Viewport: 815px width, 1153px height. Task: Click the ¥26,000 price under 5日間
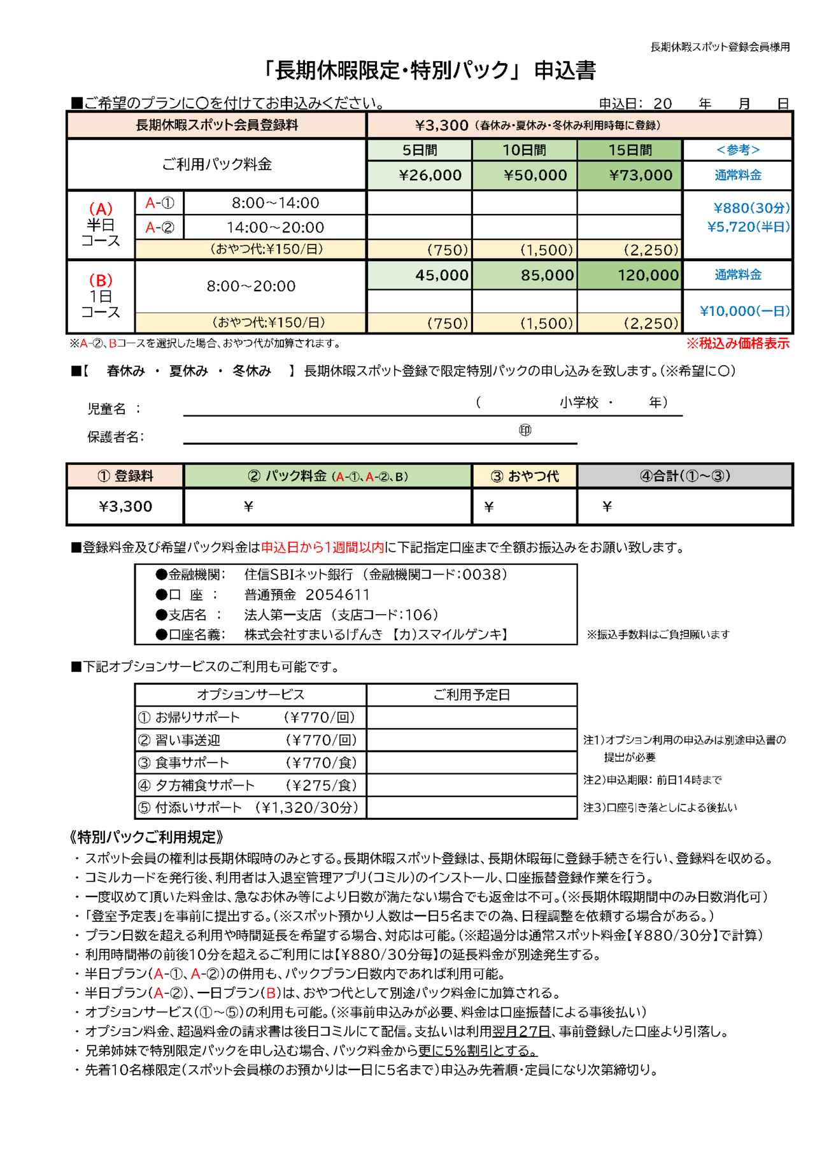coord(430,175)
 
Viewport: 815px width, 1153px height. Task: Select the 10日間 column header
coord(524,150)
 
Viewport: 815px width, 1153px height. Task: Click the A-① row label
coord(159,203)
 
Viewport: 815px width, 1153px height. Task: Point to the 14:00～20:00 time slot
coord(275,227)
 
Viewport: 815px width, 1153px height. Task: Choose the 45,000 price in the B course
coord(441,275)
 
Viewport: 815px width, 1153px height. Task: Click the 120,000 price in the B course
coord(648,275)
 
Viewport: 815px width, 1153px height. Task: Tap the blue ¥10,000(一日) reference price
coord(744,311)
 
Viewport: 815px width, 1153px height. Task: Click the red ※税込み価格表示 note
coord(737,343)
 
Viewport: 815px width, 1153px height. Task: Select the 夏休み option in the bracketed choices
coord(188,371)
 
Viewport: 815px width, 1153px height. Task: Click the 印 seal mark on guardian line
coord(525,431)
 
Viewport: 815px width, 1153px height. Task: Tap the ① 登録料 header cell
coord(125,476)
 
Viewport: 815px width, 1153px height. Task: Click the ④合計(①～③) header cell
coord(684,476)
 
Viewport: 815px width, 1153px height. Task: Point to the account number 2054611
coord(337,595)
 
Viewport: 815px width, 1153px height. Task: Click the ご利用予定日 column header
coord(471,695)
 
